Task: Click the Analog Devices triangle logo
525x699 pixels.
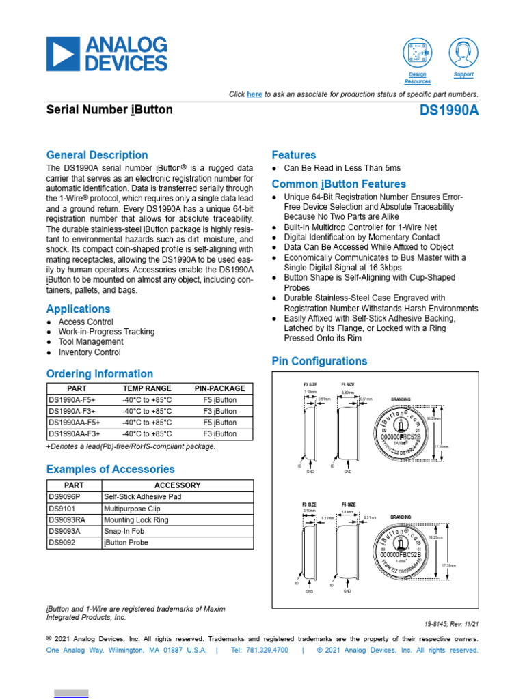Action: coord(63,55)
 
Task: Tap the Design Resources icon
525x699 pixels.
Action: coord(417,53)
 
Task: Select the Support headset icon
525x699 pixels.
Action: coord(463,53)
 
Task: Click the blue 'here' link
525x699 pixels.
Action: coord(254,94)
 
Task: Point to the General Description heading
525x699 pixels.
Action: coord(96,155)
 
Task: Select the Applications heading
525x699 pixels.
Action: coord(78,309)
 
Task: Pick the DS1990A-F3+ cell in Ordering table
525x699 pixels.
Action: coord(71,412)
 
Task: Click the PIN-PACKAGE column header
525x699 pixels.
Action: coord(219,388)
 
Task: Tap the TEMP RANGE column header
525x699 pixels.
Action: coord(147,388)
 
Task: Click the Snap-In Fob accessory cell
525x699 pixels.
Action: coord(126,531)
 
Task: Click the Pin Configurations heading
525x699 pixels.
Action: coord(319,361)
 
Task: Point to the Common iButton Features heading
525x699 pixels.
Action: coord(338,184)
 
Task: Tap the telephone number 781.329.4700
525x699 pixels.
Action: coord(259,650)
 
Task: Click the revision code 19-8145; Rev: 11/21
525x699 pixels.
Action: coord(451,624)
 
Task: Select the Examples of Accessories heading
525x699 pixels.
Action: coord(110,469)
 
